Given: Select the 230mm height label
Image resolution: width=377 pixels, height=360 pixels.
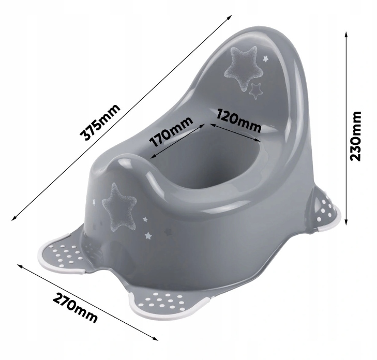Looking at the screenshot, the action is pos(356,136).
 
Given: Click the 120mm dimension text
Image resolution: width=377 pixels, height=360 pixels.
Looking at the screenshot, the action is pos(238,121).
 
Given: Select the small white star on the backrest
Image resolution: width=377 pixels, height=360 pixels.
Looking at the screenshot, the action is pos(265,58).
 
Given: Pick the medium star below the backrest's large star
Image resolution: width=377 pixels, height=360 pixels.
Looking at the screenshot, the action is pos(255,91).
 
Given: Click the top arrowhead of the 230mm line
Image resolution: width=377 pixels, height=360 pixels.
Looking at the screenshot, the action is pos(346,34).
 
